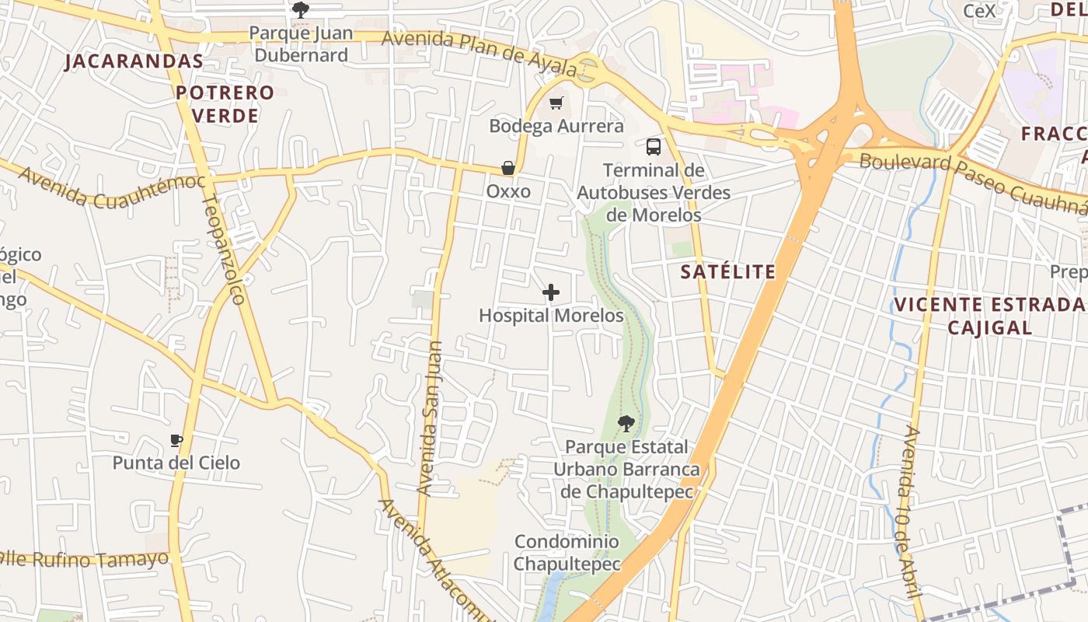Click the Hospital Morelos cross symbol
(551, 292)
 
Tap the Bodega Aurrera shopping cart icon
(556, 103)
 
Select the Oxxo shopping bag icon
(508, 168)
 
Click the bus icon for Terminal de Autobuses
(654, 146)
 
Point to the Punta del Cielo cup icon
(176, 441)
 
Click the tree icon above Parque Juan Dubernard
(301, 10)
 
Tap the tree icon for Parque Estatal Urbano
(626, 424)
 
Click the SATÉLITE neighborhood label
(727, 271)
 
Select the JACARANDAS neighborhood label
(134, 61)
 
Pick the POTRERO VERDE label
(225, 104)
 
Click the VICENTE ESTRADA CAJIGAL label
(989, 315)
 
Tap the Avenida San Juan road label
(429, 418)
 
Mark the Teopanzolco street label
(223, 249)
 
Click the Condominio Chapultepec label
(567, 553)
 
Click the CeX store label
(978, 11)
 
